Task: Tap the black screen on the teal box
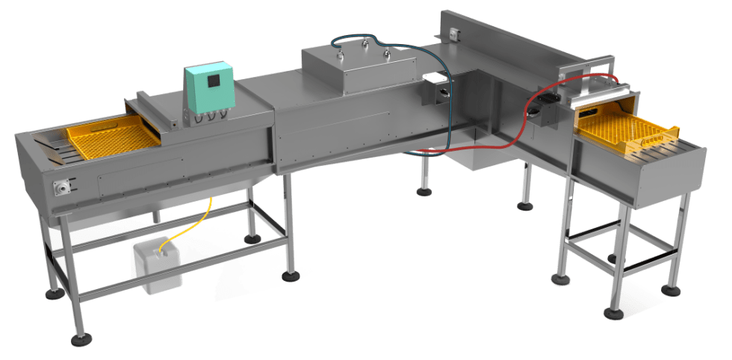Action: [x=214, y=84]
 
